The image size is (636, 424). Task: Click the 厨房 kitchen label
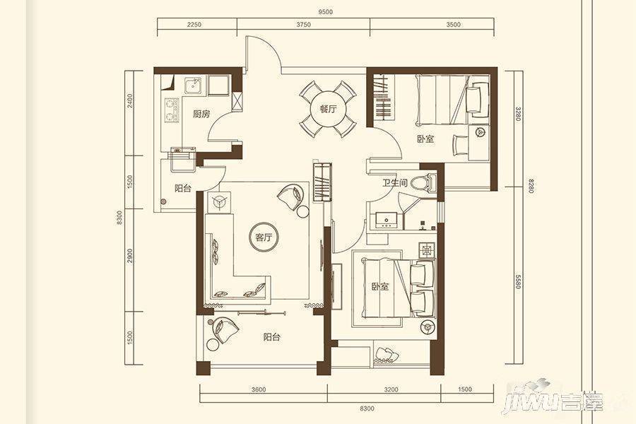coord(201,114)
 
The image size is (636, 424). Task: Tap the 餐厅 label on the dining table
coord(328,109)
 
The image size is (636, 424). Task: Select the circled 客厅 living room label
coord(264,237)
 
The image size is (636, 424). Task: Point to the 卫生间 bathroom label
coord(394,182)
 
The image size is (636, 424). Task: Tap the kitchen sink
coord(194,86)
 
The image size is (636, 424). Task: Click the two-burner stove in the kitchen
coord(172,110)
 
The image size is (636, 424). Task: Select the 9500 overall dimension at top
coord(325,12)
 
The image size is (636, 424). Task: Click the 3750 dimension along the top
coord(303,24)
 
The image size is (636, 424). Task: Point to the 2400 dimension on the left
coord(129,100)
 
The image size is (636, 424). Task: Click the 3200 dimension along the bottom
coord(391,389)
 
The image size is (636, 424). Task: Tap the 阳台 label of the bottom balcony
coord(272,337)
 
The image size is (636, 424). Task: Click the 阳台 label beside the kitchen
coord(183,188)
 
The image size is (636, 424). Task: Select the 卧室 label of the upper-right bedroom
coord(425,139)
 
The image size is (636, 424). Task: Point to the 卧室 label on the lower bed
coord(380,287)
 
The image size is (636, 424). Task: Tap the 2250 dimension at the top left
coord(194,24)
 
